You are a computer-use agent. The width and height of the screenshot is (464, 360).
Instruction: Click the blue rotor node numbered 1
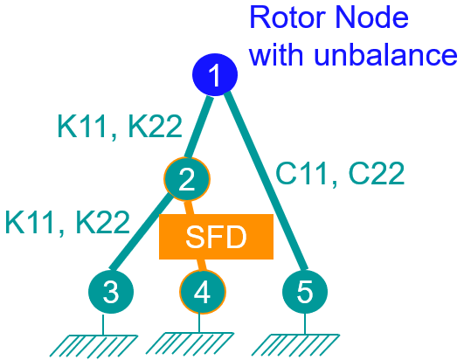(214, 77)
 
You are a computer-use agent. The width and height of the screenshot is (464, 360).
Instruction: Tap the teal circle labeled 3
(110, 292)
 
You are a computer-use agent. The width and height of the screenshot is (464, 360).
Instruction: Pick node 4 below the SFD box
(202, 292)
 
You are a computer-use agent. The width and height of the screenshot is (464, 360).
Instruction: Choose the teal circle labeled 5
(304, 292)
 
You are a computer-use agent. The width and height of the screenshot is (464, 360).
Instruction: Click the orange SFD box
(216, 236)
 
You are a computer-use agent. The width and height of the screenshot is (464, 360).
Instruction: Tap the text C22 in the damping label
(373, 174)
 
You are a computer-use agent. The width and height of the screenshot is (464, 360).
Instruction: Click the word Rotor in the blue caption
(286, 18)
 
